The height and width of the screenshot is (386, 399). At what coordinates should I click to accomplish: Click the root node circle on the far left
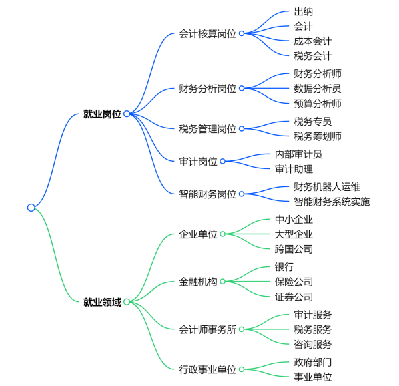[x=31, y=208]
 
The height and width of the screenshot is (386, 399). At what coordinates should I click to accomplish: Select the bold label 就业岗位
[x=102, y=114]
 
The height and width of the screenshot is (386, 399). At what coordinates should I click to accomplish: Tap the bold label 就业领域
[x=102, y=302]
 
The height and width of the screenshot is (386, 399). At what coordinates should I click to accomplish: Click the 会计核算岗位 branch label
[x=208, y=33]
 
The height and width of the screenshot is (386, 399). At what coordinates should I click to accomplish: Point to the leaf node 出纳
[x=303, y=11]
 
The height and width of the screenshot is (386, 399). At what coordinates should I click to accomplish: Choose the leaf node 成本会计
[x=312, y=41]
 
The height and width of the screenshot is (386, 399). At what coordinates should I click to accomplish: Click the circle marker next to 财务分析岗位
[x=242, y=88]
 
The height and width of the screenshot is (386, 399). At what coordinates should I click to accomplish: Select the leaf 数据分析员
[x=318, y=89]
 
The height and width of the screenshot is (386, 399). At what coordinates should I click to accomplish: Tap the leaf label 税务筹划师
[x=318, y=136]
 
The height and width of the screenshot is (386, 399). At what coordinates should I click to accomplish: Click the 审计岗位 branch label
[x=198, y=161]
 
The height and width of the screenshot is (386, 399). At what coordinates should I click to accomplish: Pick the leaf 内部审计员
[x=298, y=154]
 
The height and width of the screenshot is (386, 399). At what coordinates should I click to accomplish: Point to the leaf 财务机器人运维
[x=327, y=186]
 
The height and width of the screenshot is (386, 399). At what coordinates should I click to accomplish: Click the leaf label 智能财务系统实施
[x=332, y=202]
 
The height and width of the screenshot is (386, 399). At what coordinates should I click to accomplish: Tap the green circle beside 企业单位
[x=222, y=234]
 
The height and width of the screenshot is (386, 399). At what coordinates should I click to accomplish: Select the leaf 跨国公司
[x=294, y=249]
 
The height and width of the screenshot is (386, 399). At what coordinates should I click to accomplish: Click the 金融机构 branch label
[x=198, y=282]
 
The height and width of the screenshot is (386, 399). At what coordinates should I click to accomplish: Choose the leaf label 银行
[x=284, y=267]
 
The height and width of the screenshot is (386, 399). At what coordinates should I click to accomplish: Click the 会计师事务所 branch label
[x=208, y=329]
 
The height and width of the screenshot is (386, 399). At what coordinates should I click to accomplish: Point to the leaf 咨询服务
[x=312, y=344]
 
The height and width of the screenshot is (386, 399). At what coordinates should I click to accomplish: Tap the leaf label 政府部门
[x=312, y=362]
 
